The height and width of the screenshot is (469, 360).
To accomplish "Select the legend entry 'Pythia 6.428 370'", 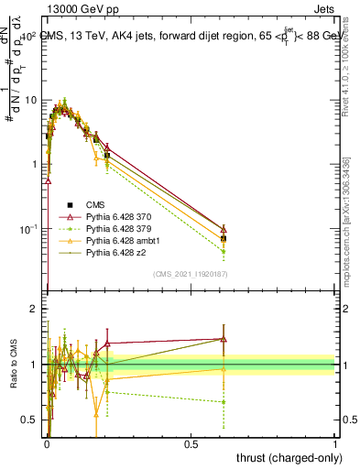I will [119, 216].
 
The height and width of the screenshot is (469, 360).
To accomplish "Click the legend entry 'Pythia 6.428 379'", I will [119, 228].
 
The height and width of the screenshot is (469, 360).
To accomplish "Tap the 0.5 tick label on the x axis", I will [191, 442].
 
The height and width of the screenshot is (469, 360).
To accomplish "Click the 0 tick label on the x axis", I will [46, 442].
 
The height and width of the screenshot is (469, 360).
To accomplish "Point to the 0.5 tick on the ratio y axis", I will [29, 420].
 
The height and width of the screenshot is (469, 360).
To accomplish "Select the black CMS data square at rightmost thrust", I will [224, 238].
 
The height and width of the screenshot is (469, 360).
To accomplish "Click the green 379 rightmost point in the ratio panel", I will [224, 401].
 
